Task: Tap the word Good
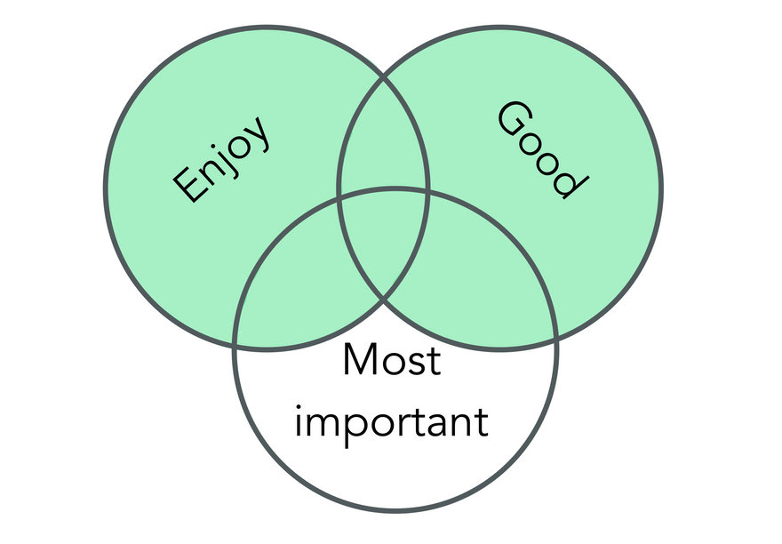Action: point(541,149)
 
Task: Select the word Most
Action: point(391,362)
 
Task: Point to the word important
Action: point(391,420)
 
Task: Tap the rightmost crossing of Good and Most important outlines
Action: point(556,339)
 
